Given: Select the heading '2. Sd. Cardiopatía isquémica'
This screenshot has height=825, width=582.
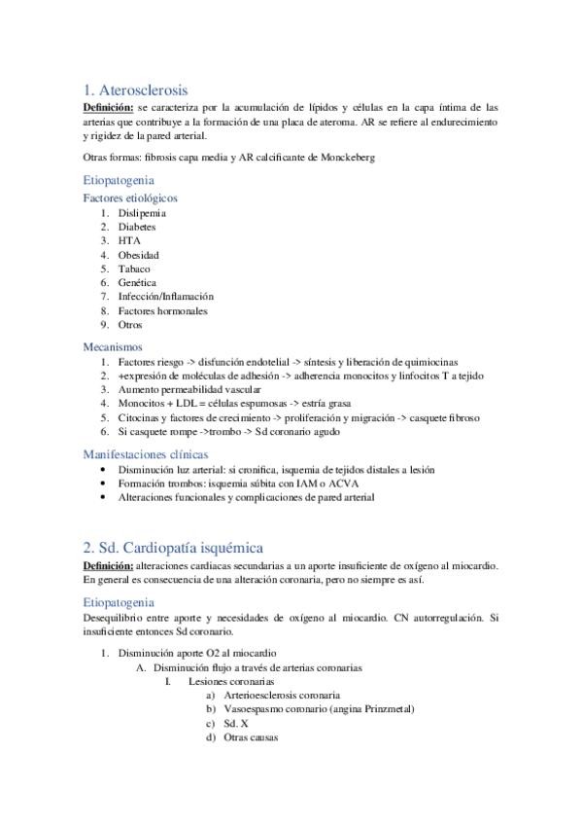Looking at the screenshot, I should (x=173, y=548).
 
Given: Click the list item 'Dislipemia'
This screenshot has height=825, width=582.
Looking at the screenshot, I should (x=142, y=212).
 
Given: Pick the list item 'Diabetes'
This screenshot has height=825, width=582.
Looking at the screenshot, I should (x=137, y=227).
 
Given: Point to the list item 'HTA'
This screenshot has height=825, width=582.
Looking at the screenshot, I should (x=129, y=240).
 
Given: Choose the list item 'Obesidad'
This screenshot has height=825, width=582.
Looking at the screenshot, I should (x=139, y=255).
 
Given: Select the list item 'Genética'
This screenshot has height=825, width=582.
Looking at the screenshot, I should (x=137, y=283).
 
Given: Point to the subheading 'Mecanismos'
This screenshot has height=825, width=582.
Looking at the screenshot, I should (x=113, y=345).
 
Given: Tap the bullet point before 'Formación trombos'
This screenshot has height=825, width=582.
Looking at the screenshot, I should (x=105, y=483).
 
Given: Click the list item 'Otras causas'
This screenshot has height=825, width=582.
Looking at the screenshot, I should (x=251, y=738).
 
